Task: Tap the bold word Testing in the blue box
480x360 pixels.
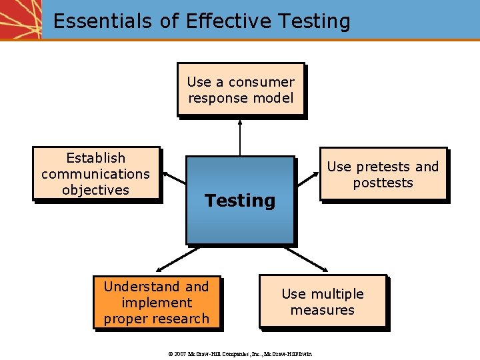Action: (240, 201)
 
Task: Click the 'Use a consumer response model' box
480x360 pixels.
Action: (241, 90)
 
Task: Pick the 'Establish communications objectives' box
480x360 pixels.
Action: (96, 173)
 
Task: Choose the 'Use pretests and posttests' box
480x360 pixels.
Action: (383, 174)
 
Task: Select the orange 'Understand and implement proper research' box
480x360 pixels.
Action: (157, 303)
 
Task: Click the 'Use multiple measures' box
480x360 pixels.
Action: (323, 301)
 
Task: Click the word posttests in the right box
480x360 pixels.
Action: (383, 183)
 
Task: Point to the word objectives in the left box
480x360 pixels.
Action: (95, 190)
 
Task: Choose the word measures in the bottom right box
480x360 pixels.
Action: (323, 310)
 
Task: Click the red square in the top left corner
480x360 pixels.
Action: (20, 19)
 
